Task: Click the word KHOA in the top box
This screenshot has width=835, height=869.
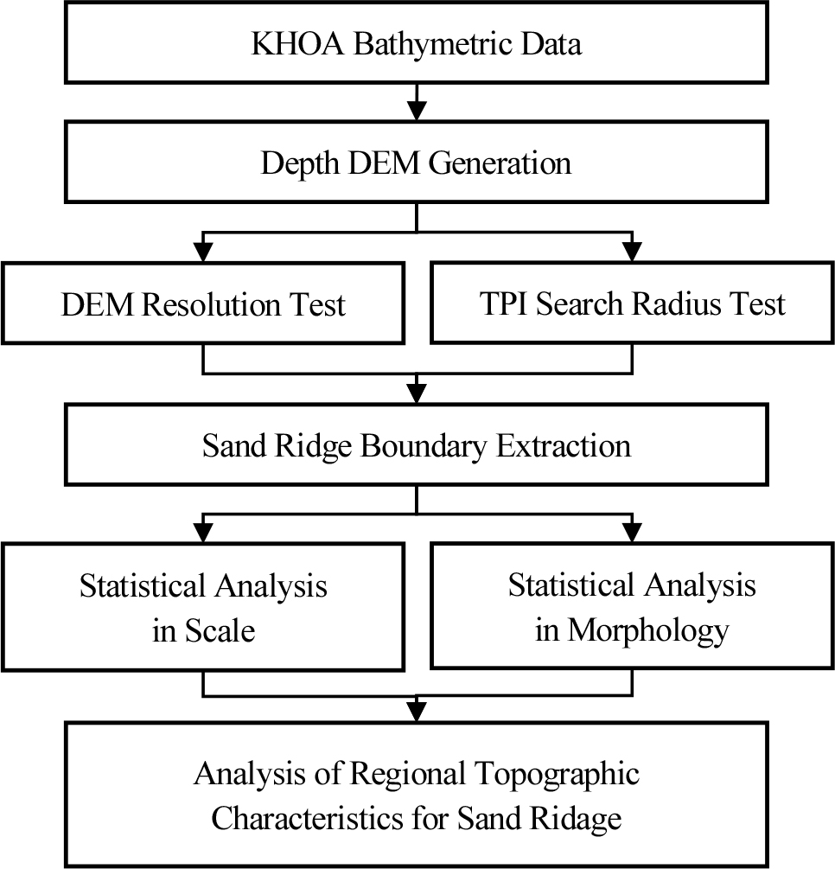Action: tap(297, 43)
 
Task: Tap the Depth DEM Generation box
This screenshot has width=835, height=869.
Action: tap(416, 162)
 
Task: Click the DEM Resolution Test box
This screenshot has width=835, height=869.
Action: tap(203, 304)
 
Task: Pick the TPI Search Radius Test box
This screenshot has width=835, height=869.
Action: tap(632, 304)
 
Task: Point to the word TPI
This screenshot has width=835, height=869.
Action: tap(503, 304)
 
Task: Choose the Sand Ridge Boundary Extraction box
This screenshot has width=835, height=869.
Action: tap(416, 445)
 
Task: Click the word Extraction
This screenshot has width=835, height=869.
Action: tap(564, 445)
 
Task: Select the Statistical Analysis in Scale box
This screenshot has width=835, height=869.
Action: tap(203, 607)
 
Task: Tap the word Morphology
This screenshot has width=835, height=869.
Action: tap(648, 631)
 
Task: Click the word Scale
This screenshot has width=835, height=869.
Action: tap(220, 630)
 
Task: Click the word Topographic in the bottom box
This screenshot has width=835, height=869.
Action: tap(558, 774)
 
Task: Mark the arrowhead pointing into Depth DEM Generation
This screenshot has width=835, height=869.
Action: tap(417, 111)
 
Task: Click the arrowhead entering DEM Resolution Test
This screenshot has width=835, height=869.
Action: tap(203, 252)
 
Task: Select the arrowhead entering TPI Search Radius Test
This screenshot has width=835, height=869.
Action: tap(632, 252)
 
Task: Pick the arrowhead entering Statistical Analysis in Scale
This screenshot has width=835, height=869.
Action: tap(203, 534)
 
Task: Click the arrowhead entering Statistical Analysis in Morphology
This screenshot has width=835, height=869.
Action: tap(632, 534)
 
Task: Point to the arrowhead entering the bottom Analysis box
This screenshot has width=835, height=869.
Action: tap(417, 712)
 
